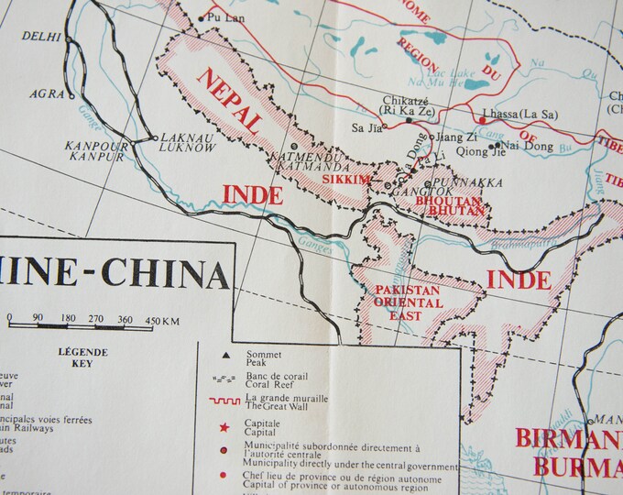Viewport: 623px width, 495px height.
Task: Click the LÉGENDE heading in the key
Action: point(82,352)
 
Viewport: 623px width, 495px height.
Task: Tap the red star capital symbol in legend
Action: point(224,428)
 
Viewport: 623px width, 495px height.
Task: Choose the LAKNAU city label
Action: point(180,137)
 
